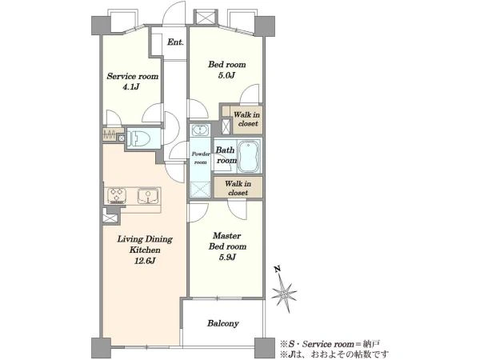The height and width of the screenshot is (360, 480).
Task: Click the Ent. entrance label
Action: click(x=175, y=42)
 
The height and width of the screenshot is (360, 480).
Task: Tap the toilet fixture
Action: click(x=138, y=138)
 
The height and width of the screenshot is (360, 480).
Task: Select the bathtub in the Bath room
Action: click(x=249, y=157)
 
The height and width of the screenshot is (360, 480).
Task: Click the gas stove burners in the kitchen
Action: click(x=117, y=195)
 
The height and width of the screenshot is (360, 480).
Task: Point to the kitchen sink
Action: click(x=148, y=196)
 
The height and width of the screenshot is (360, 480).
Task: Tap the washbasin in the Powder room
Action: click(x=200, y=130)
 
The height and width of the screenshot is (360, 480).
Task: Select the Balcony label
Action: click(x=223, y=323)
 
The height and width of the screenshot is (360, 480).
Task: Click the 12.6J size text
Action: click(x=145, y=261)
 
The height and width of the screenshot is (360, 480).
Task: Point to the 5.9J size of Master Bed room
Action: click(x=227, y=257)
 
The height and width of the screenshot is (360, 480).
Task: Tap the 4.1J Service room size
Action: click(x=131, y=87)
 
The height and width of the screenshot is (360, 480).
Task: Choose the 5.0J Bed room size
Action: click(x=226, y=75)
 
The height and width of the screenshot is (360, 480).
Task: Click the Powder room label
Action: click(x=201, y=158)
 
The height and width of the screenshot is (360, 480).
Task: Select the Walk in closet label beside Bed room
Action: click(x=247, y=119)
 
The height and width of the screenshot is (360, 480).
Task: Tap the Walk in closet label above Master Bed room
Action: click(x=238, y=188)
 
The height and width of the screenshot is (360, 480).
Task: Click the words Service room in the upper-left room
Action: click(x=133, y=76)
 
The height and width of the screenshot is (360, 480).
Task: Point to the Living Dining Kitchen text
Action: click(x=145, y=244)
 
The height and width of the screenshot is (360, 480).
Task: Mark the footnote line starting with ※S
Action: click(x=330, y=344)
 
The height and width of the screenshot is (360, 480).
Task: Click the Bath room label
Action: click(x=226, y=155)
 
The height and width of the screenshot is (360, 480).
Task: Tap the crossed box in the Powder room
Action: click(x=200, y=189)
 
